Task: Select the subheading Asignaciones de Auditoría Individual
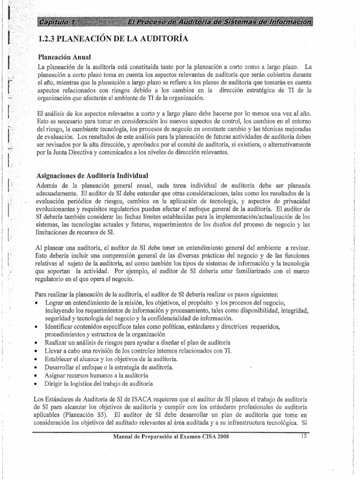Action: click(89, 176)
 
